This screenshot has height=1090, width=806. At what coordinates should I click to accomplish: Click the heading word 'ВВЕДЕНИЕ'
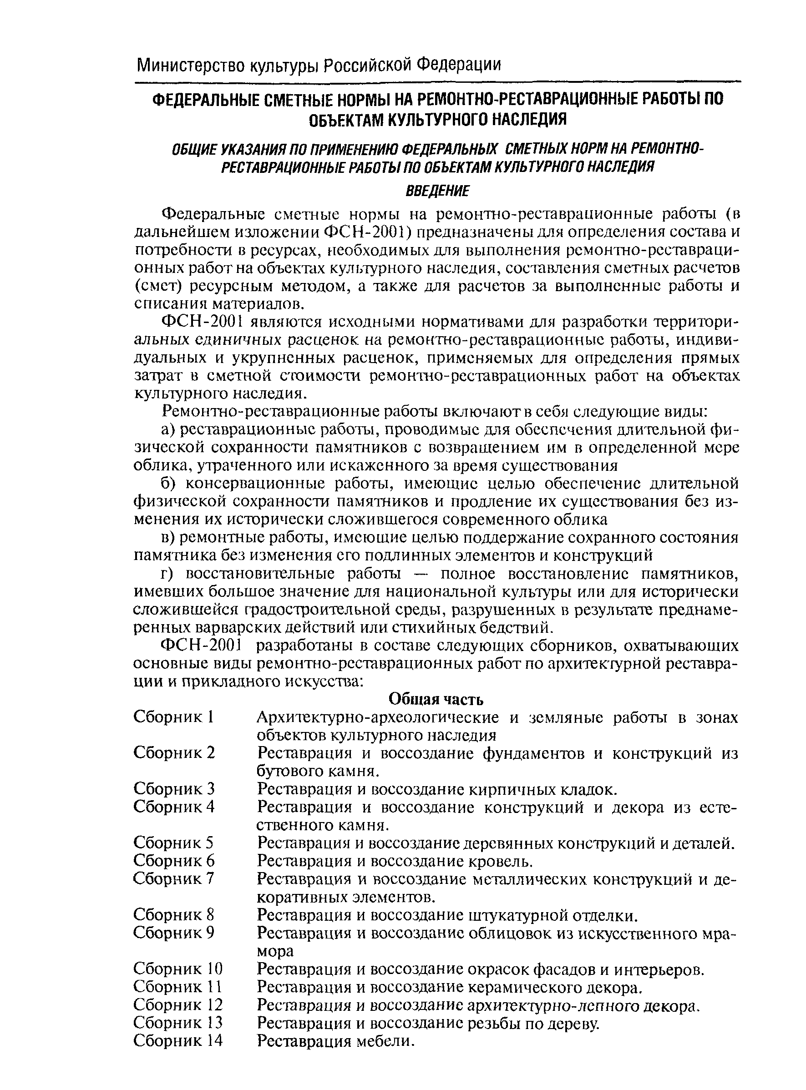(x=437, y=191)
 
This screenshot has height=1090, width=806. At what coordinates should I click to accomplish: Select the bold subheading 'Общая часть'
(x=436, y=699)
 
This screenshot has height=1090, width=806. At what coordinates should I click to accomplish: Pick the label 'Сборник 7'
(x=174, y=879)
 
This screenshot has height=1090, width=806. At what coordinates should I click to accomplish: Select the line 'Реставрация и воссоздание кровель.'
(x=395, y=861)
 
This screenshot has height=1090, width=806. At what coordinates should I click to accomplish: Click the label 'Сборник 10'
(x=178, y=969)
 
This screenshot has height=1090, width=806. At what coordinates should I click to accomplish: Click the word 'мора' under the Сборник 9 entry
(x=275, y=951)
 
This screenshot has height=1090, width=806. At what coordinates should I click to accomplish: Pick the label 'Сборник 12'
(x=178, y=1004)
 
